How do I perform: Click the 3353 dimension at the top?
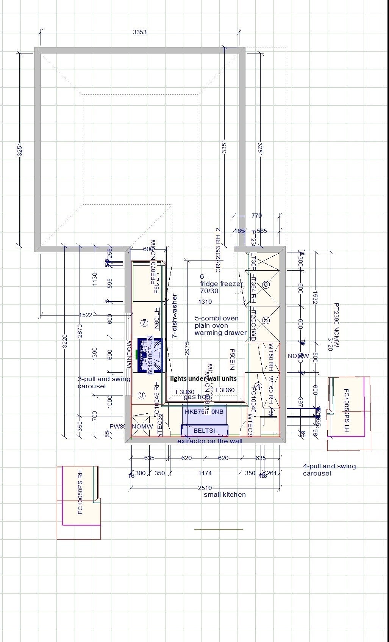(139, 32)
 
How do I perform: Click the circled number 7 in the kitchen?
(144, 323)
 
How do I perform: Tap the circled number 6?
(266, 284)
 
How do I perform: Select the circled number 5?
(266, 320)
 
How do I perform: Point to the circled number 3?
(141, 396)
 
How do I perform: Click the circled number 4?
(258, 386)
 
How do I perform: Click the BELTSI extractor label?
(204, 430)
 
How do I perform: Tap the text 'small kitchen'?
(225, 494)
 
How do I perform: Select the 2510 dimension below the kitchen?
(205, 488)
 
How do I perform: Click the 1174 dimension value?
(205, 473)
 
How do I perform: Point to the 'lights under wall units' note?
(203, 378)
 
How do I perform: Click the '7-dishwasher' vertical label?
(175, 316)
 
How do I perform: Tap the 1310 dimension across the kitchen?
(205, 302)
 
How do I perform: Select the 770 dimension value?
(256, 215)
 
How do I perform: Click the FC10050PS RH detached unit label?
(80, 491)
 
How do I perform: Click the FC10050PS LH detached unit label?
(346, 410)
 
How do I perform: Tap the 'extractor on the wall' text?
(210, 441)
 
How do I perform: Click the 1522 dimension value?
(86, 315)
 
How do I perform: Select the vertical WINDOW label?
(129, 354)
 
